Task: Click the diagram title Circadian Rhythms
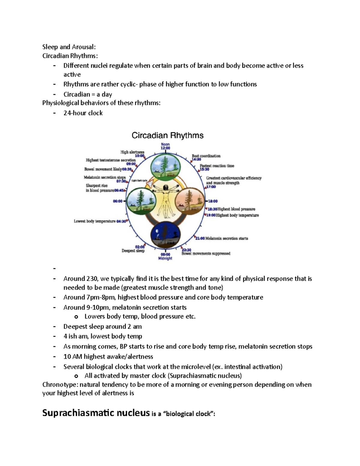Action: [x=167, y=135]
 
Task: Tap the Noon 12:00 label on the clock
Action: [x=165, y=146]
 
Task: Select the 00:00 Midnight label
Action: [x=165, y=256]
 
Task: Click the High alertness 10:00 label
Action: [x=132, y=154]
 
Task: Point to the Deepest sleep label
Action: [x=133, y=251]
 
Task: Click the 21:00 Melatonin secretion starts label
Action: [x=222, y=238]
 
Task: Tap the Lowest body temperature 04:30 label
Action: [x=100, y=221]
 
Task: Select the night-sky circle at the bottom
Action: [x=166, y=234]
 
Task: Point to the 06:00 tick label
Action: [x=118, y=201]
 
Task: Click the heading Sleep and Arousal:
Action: [x=69, y=47]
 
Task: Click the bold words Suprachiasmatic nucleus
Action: [x=96, y=413]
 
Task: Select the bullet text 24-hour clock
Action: [x=83, y=113]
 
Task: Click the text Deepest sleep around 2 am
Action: [x=102, y=326]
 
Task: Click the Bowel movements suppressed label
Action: [x=206, y=254]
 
